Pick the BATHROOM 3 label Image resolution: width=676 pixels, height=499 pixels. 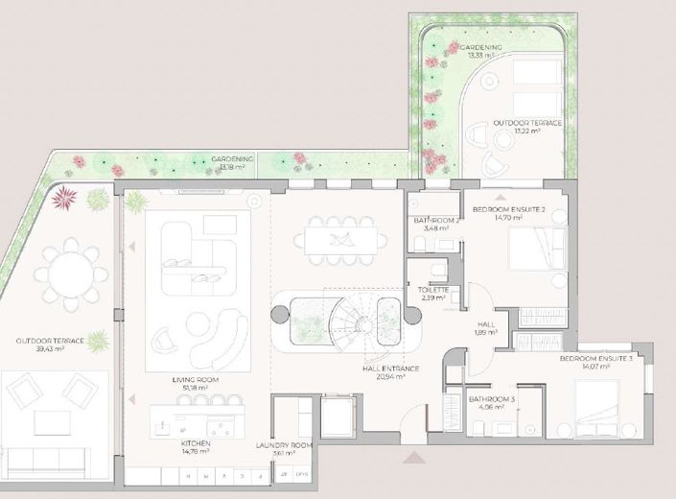491,402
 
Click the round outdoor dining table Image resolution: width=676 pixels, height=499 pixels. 65,276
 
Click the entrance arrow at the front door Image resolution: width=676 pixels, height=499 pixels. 413,460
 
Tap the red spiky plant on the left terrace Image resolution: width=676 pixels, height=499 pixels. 67,199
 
